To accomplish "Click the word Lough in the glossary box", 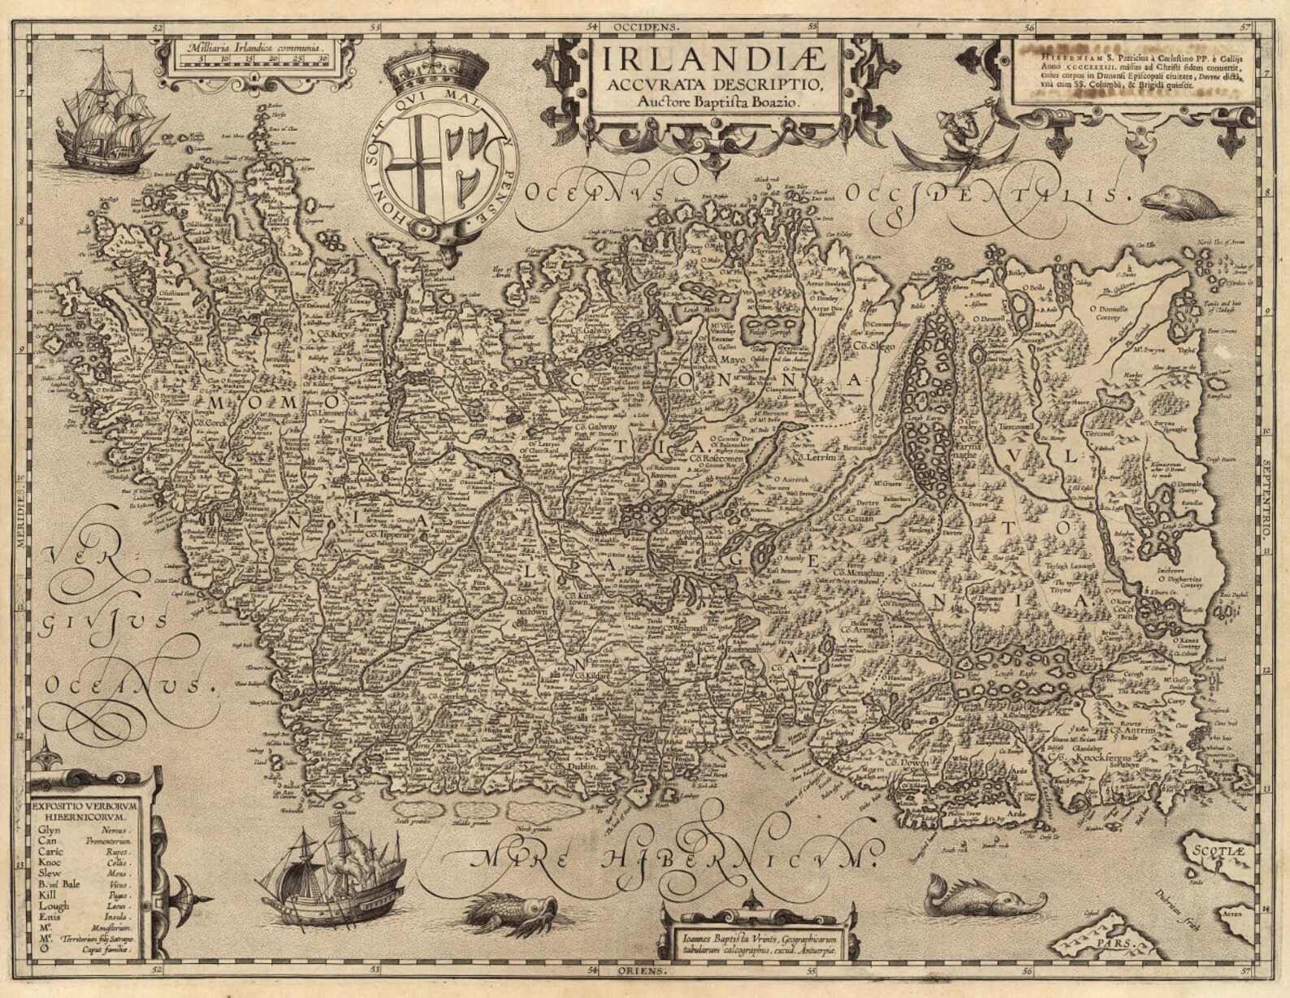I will click(x=54, y=905).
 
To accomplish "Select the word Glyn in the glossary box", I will click(x=49, y=830).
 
